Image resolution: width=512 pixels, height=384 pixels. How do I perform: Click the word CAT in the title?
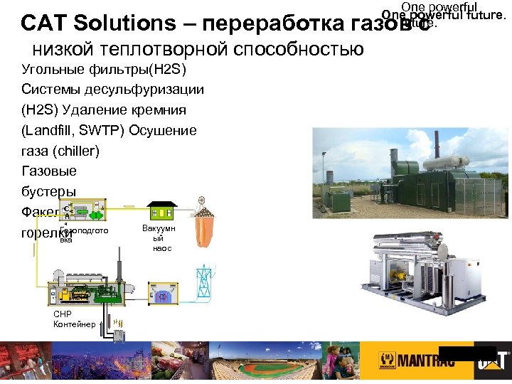[x=44, y=23]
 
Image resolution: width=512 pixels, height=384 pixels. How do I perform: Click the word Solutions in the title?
[x=122, y=23]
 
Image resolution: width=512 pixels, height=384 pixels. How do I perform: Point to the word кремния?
[x=159, y=110]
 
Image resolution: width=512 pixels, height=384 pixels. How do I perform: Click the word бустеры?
[x=49, y=192]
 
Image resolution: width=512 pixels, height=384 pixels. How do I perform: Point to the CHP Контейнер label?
[x=73, y=319]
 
